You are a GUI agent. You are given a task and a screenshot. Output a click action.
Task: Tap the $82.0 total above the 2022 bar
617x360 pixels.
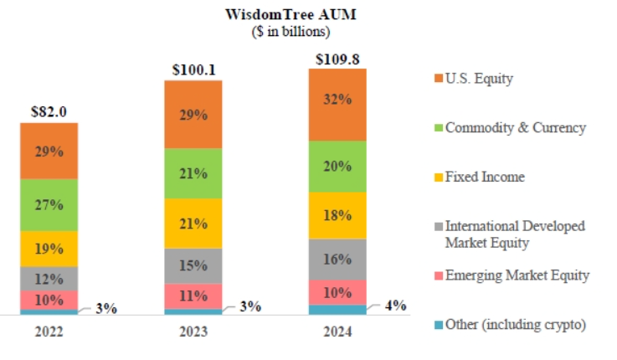tap(49, 111)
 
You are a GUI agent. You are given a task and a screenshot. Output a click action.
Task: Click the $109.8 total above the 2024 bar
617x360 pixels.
tap(337, 59)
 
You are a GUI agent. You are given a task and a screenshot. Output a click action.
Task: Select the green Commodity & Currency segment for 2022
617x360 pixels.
tap(49, 204)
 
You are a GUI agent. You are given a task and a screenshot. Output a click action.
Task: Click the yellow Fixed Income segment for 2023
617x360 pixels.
tap(193, 223)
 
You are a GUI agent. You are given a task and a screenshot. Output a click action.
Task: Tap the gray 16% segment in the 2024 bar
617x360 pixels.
tap(337, 259)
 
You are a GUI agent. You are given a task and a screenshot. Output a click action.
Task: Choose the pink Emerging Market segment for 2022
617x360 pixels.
tap(49, 300)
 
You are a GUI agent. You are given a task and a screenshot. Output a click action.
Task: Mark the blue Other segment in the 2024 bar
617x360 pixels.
tap(337, 310)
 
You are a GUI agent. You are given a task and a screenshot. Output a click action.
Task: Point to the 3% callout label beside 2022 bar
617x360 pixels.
tap(105, 307)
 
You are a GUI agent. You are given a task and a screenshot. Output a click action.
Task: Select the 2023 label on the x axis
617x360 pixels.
tap(193, 332)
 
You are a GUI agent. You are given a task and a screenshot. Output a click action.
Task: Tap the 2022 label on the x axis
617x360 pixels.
tap(49, 332)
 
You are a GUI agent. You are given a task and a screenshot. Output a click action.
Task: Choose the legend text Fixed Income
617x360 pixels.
tap(485, 177)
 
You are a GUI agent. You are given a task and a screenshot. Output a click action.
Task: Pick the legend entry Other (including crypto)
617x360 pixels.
tap(510, 324)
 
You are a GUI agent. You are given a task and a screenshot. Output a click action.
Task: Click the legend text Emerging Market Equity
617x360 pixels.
tap(517, 275)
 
